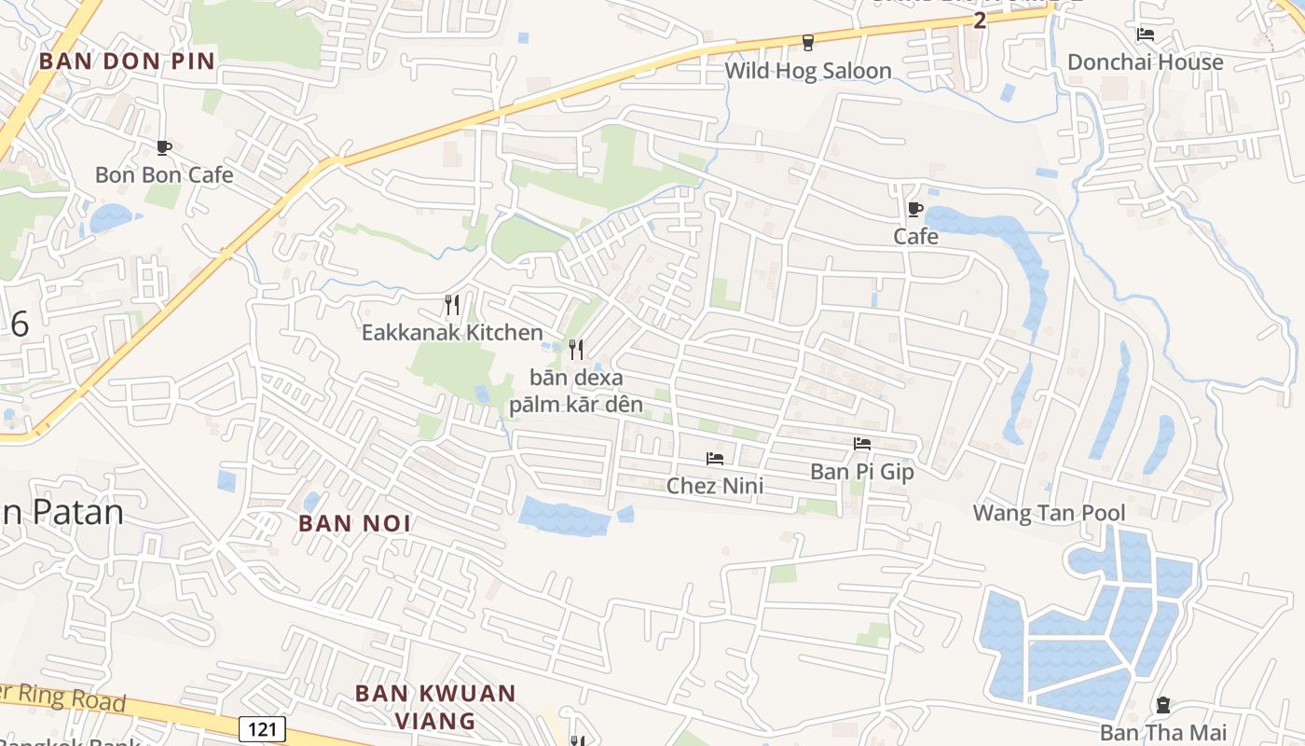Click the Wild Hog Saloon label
tap(807, 71)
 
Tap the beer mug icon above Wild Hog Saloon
tap(808, 42)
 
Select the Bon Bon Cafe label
tap(164, 174)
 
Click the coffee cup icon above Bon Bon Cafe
tap(164, 147)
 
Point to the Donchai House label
tap(1145, 62)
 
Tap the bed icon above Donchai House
tap(1146, 35)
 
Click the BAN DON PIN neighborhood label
tap(127, 62)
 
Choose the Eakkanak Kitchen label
tap(452, 332)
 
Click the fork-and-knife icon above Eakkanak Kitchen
tap(452, 304)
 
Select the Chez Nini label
tap(714, 485)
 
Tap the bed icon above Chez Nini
tap(715, 458)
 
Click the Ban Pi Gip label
tap(861, 472)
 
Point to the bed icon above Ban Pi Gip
tap(862, 444)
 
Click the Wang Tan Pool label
tap(1049, 513)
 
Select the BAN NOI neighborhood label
tap(354, 523)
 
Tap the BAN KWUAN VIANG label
tap(435, 707)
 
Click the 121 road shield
tap(262, 728)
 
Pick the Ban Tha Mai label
tap(1162, 733)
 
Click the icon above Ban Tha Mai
tap(1162, 705)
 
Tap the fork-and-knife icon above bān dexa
tap(576, 350)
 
